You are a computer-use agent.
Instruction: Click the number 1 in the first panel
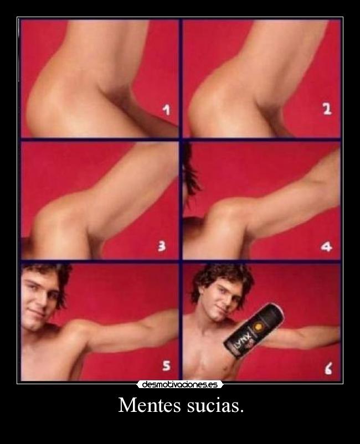[167, 110]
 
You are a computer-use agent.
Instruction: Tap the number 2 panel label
[327, 109]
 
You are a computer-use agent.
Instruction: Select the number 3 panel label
[162, 246]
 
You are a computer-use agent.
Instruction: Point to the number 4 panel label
[327, 247]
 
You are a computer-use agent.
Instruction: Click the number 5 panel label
[166, 365]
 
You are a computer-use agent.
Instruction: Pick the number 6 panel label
[328, 369]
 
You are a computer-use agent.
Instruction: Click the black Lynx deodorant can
[254, 331]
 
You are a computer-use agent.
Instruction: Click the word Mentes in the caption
[150, 405]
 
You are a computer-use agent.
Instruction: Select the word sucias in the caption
[215, 405]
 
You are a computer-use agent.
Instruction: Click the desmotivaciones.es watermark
[180, 385]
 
